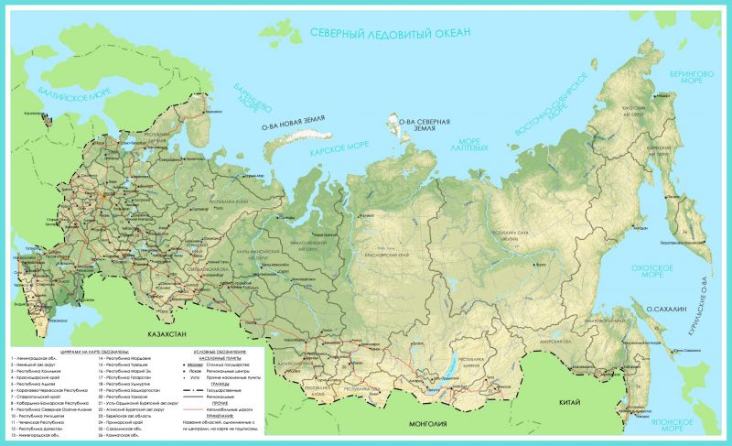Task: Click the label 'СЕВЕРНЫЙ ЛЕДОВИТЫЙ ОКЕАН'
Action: click(390, 33)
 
